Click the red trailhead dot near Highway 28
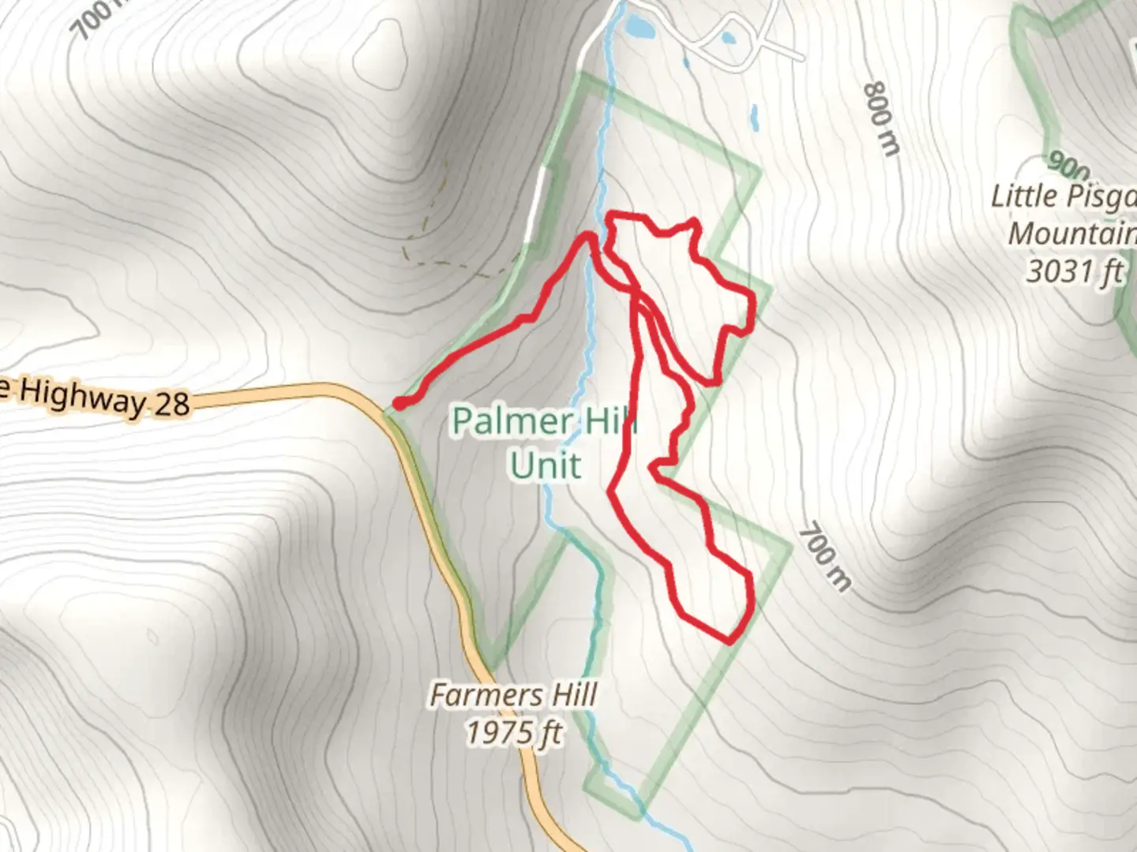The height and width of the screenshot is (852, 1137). tap(400, 404)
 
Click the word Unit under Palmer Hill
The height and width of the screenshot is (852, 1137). tap(545, 465)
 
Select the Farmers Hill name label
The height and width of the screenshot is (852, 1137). tap(513, 695)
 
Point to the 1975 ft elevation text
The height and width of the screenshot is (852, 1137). tap(513, 734)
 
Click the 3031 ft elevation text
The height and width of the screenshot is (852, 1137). tap(1074, 272)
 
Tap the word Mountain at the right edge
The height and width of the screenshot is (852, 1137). tap(1071, 234)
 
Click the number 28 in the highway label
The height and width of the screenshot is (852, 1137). tap(171, 403)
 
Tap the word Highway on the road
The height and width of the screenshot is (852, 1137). tap(83, 395)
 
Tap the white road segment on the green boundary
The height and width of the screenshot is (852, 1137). tap(538, 201)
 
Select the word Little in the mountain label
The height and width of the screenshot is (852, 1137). tap(1024, 196)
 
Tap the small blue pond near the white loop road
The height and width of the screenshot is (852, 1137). tap(728, 37)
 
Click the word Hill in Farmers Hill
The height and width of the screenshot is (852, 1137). tap(574, 695)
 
